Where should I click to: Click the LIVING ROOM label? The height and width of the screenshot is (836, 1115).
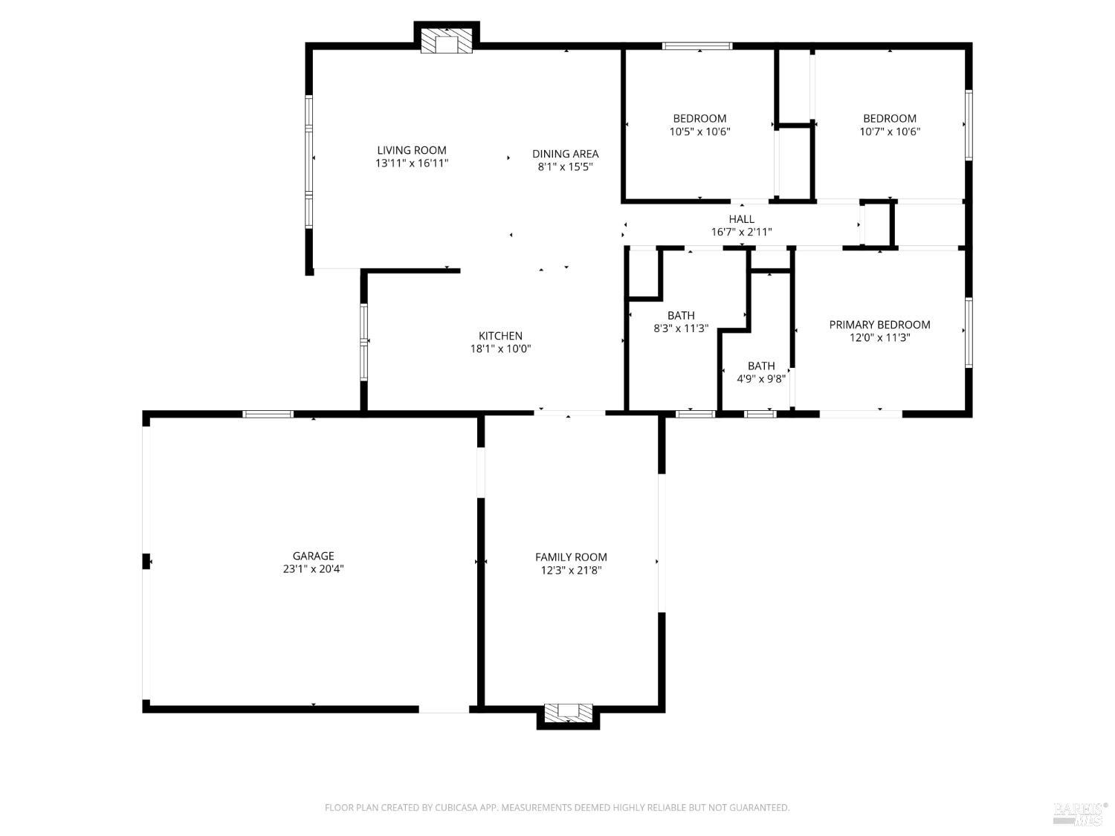(411, 150)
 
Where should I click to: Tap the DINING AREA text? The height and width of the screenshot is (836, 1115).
(565, 154)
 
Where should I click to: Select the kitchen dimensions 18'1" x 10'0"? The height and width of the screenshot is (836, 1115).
(500, 349)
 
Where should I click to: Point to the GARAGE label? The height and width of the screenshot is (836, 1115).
(313, 556)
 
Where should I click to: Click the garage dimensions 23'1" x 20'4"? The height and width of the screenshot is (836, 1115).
(313, 569)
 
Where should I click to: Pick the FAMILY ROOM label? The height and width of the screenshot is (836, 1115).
(571, 557)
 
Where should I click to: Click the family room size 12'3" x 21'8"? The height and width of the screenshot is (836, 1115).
(571, 571)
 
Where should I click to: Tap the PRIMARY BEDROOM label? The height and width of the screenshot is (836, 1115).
(879, 325)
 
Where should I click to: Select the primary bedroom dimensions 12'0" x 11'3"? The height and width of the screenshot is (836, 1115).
(879, 337)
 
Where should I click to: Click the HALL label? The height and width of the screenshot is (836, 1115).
(741, 219)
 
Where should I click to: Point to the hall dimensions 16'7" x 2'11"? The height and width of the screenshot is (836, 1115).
(741, 232)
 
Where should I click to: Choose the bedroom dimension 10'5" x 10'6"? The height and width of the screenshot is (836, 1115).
(699, 132)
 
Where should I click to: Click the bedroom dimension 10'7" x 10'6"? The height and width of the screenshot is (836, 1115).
(889, 132)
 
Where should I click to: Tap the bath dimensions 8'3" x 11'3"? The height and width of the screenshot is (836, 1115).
(681, 328)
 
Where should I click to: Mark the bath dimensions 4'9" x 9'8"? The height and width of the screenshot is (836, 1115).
(760, 378)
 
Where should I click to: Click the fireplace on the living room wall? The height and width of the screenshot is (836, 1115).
(446, 42)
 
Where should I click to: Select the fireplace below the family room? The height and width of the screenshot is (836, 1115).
(568, 713)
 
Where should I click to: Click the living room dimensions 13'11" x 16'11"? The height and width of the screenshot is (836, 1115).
(411, 163)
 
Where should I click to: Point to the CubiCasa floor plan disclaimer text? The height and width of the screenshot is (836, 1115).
(557, 808)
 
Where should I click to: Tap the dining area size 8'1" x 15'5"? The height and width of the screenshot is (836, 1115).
(565, 167)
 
